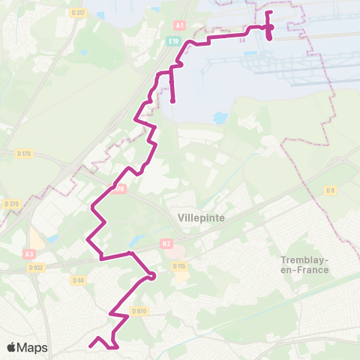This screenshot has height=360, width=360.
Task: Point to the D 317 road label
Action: (76, 13)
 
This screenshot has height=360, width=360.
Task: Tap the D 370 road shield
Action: (10, 203)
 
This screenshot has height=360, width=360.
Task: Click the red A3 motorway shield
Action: (30, 234)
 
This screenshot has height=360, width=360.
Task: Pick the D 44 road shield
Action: (78, 281)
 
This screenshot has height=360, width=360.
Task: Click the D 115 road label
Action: (178, 266)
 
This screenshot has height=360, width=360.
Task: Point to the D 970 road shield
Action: (138, 310)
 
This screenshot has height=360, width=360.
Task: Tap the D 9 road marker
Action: (330, 190)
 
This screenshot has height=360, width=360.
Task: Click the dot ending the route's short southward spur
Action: (172, 100)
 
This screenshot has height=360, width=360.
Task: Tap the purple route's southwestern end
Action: (90, 346)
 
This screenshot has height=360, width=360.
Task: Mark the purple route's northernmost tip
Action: (268, 12)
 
